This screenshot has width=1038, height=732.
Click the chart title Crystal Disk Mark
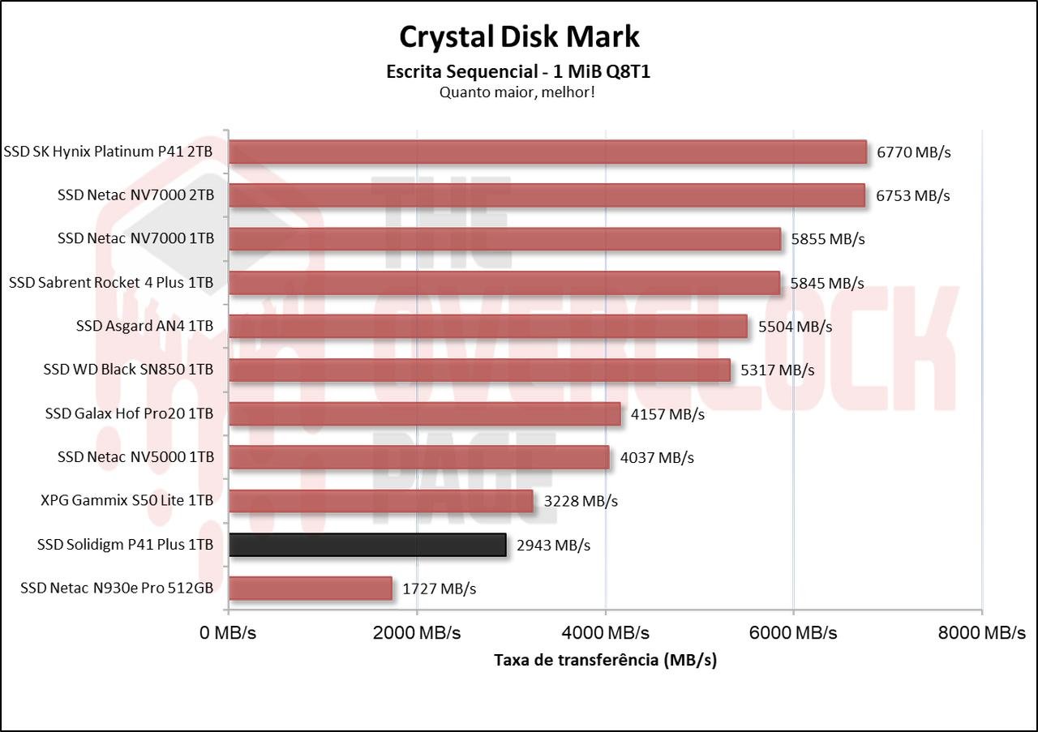[519, 36]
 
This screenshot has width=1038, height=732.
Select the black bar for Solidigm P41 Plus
[367, 545]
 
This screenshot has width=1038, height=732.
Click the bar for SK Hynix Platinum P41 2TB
[547, 152]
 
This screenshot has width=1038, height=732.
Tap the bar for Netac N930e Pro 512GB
[311, 589]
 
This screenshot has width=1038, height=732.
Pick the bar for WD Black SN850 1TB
[479, 370]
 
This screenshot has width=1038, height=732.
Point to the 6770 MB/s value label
[913, 152]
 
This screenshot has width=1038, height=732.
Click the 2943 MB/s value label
[553, 546]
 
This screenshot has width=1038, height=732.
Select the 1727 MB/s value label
[439, 589]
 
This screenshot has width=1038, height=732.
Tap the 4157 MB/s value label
[667, 414]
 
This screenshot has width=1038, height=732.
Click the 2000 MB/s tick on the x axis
[417, 633]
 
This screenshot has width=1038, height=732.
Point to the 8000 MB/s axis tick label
[981, 633]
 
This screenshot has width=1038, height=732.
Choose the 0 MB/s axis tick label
[228, 633]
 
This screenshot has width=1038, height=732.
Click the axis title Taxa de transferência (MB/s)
[605, 661]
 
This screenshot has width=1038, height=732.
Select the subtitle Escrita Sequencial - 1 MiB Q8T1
[519, 72]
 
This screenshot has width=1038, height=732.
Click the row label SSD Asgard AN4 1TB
[144, 326]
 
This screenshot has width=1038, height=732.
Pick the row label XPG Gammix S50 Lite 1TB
[127, 501]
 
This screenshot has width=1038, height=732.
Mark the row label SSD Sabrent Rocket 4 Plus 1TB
[111, 282]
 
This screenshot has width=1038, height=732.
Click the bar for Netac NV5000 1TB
[418, 458]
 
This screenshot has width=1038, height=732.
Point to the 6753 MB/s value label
[913, 196]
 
